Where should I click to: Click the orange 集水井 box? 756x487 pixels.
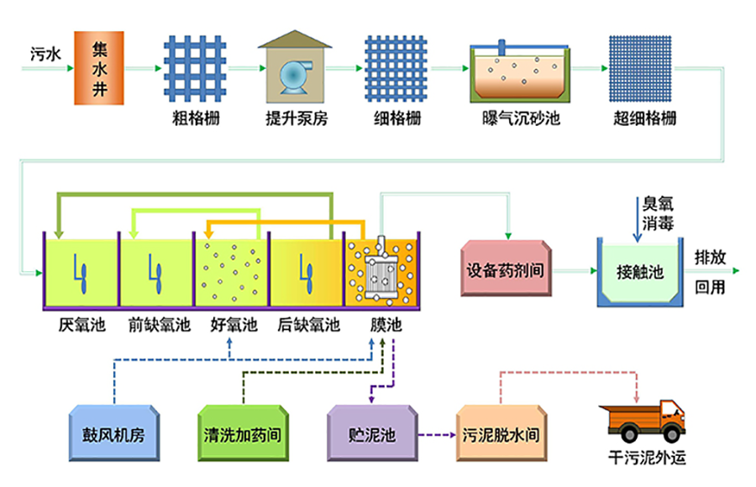(100, 68)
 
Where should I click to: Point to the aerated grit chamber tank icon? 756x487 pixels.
(514, 71)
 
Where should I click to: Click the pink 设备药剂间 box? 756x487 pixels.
(507, 271)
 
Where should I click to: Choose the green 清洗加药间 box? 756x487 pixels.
(242, 434)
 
